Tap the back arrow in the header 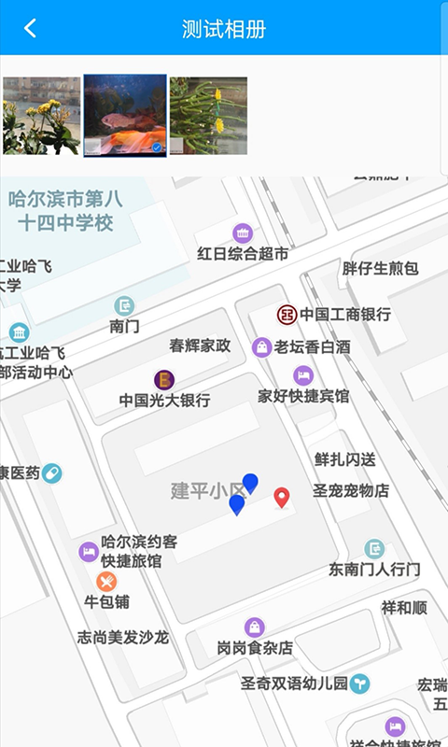tap(30, 28)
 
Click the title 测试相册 tap(224, 29)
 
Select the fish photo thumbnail tap(125, 115)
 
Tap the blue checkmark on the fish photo tap(157, 147)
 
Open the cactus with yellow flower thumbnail tap(208, 115)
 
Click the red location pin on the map tap(282, 497)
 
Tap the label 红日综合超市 tap(243, 254)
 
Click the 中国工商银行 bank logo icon tap(287, 315)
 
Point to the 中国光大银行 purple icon tap(164, 379)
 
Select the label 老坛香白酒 tap(313, 347)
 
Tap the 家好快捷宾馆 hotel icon tap(302, 375)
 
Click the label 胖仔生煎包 tap(380, 269)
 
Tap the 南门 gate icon tap(124, 305)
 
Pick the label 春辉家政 tap(200, 345)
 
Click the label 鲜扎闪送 tap(345, 459)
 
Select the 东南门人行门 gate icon tap(374, 548)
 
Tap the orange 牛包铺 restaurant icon tap(106, 582)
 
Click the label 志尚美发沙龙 tap(122, 638)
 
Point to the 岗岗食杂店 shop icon tap(255, 627)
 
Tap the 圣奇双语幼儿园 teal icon tap(360, 684)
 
